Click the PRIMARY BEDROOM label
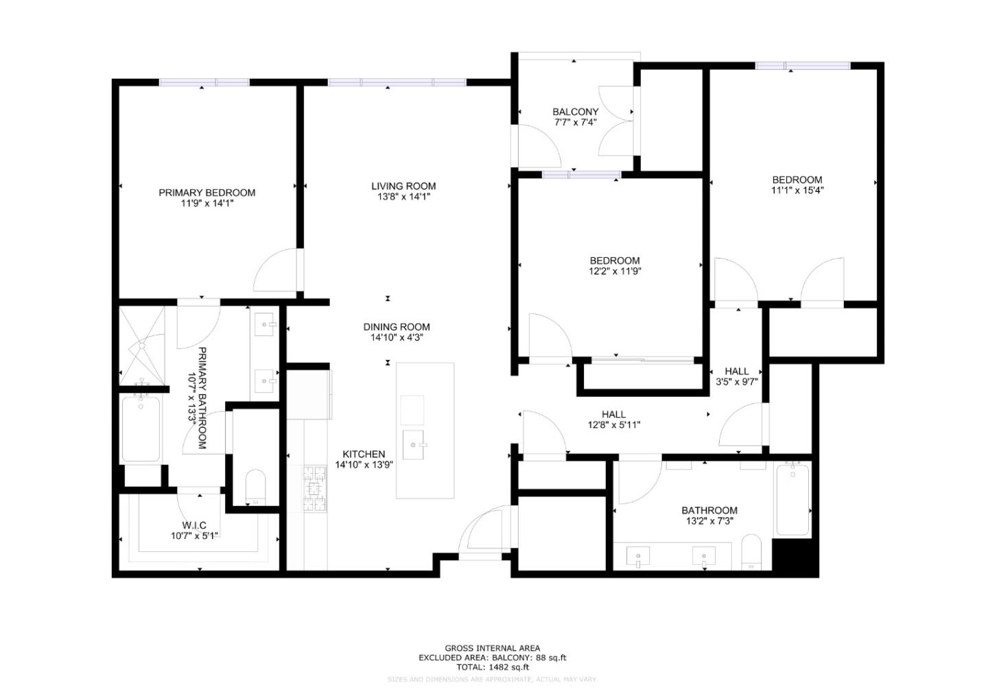coord(207,193)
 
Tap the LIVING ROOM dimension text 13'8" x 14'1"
coord(403,197)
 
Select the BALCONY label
coord(575,112)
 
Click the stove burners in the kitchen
coord(315,488)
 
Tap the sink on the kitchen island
coord(414,445)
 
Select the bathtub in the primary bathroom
coord(141,429)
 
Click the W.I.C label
coord(194,525)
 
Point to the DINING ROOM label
coord(397,327)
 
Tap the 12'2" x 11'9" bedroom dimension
coord(615,271)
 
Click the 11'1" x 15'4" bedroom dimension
coord(797,191)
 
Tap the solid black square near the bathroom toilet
coord(795,557)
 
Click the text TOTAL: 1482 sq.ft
coord(493,666)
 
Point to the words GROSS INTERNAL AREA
coord(492,648)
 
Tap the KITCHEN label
coord(364,454)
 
